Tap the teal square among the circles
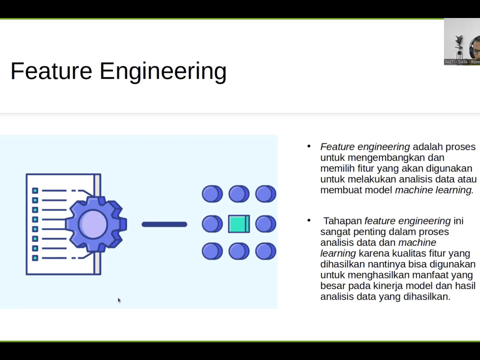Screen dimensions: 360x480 [x=239, y=224]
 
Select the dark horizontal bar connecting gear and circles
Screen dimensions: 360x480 [x=164, y=224]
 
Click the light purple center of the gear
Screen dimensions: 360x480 [x=93, y=223]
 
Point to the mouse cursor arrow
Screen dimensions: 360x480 [x=119, y=300]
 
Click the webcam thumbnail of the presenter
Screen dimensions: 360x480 [x=461, y=42]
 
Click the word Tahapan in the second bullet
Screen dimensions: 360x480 [x=342, y=221]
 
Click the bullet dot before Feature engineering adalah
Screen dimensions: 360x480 [x=309, y=146]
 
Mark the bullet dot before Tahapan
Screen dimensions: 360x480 [x=309, y=220]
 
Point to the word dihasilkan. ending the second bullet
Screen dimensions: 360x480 [x=424, y=296]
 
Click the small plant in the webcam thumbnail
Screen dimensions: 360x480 [x=458, y=45]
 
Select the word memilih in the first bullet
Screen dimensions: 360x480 [x=336, y=168]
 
